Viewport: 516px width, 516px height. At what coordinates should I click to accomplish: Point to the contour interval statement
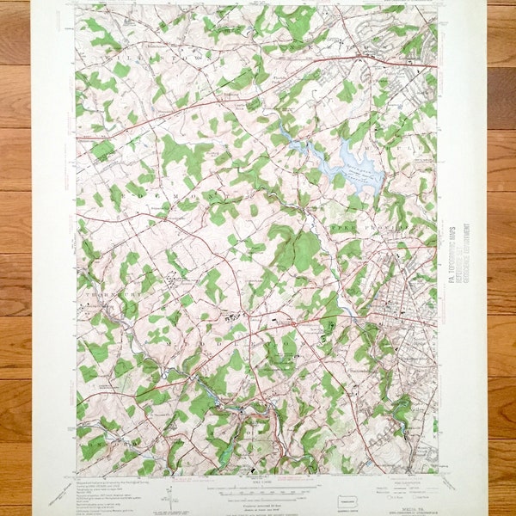click(258, 495)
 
